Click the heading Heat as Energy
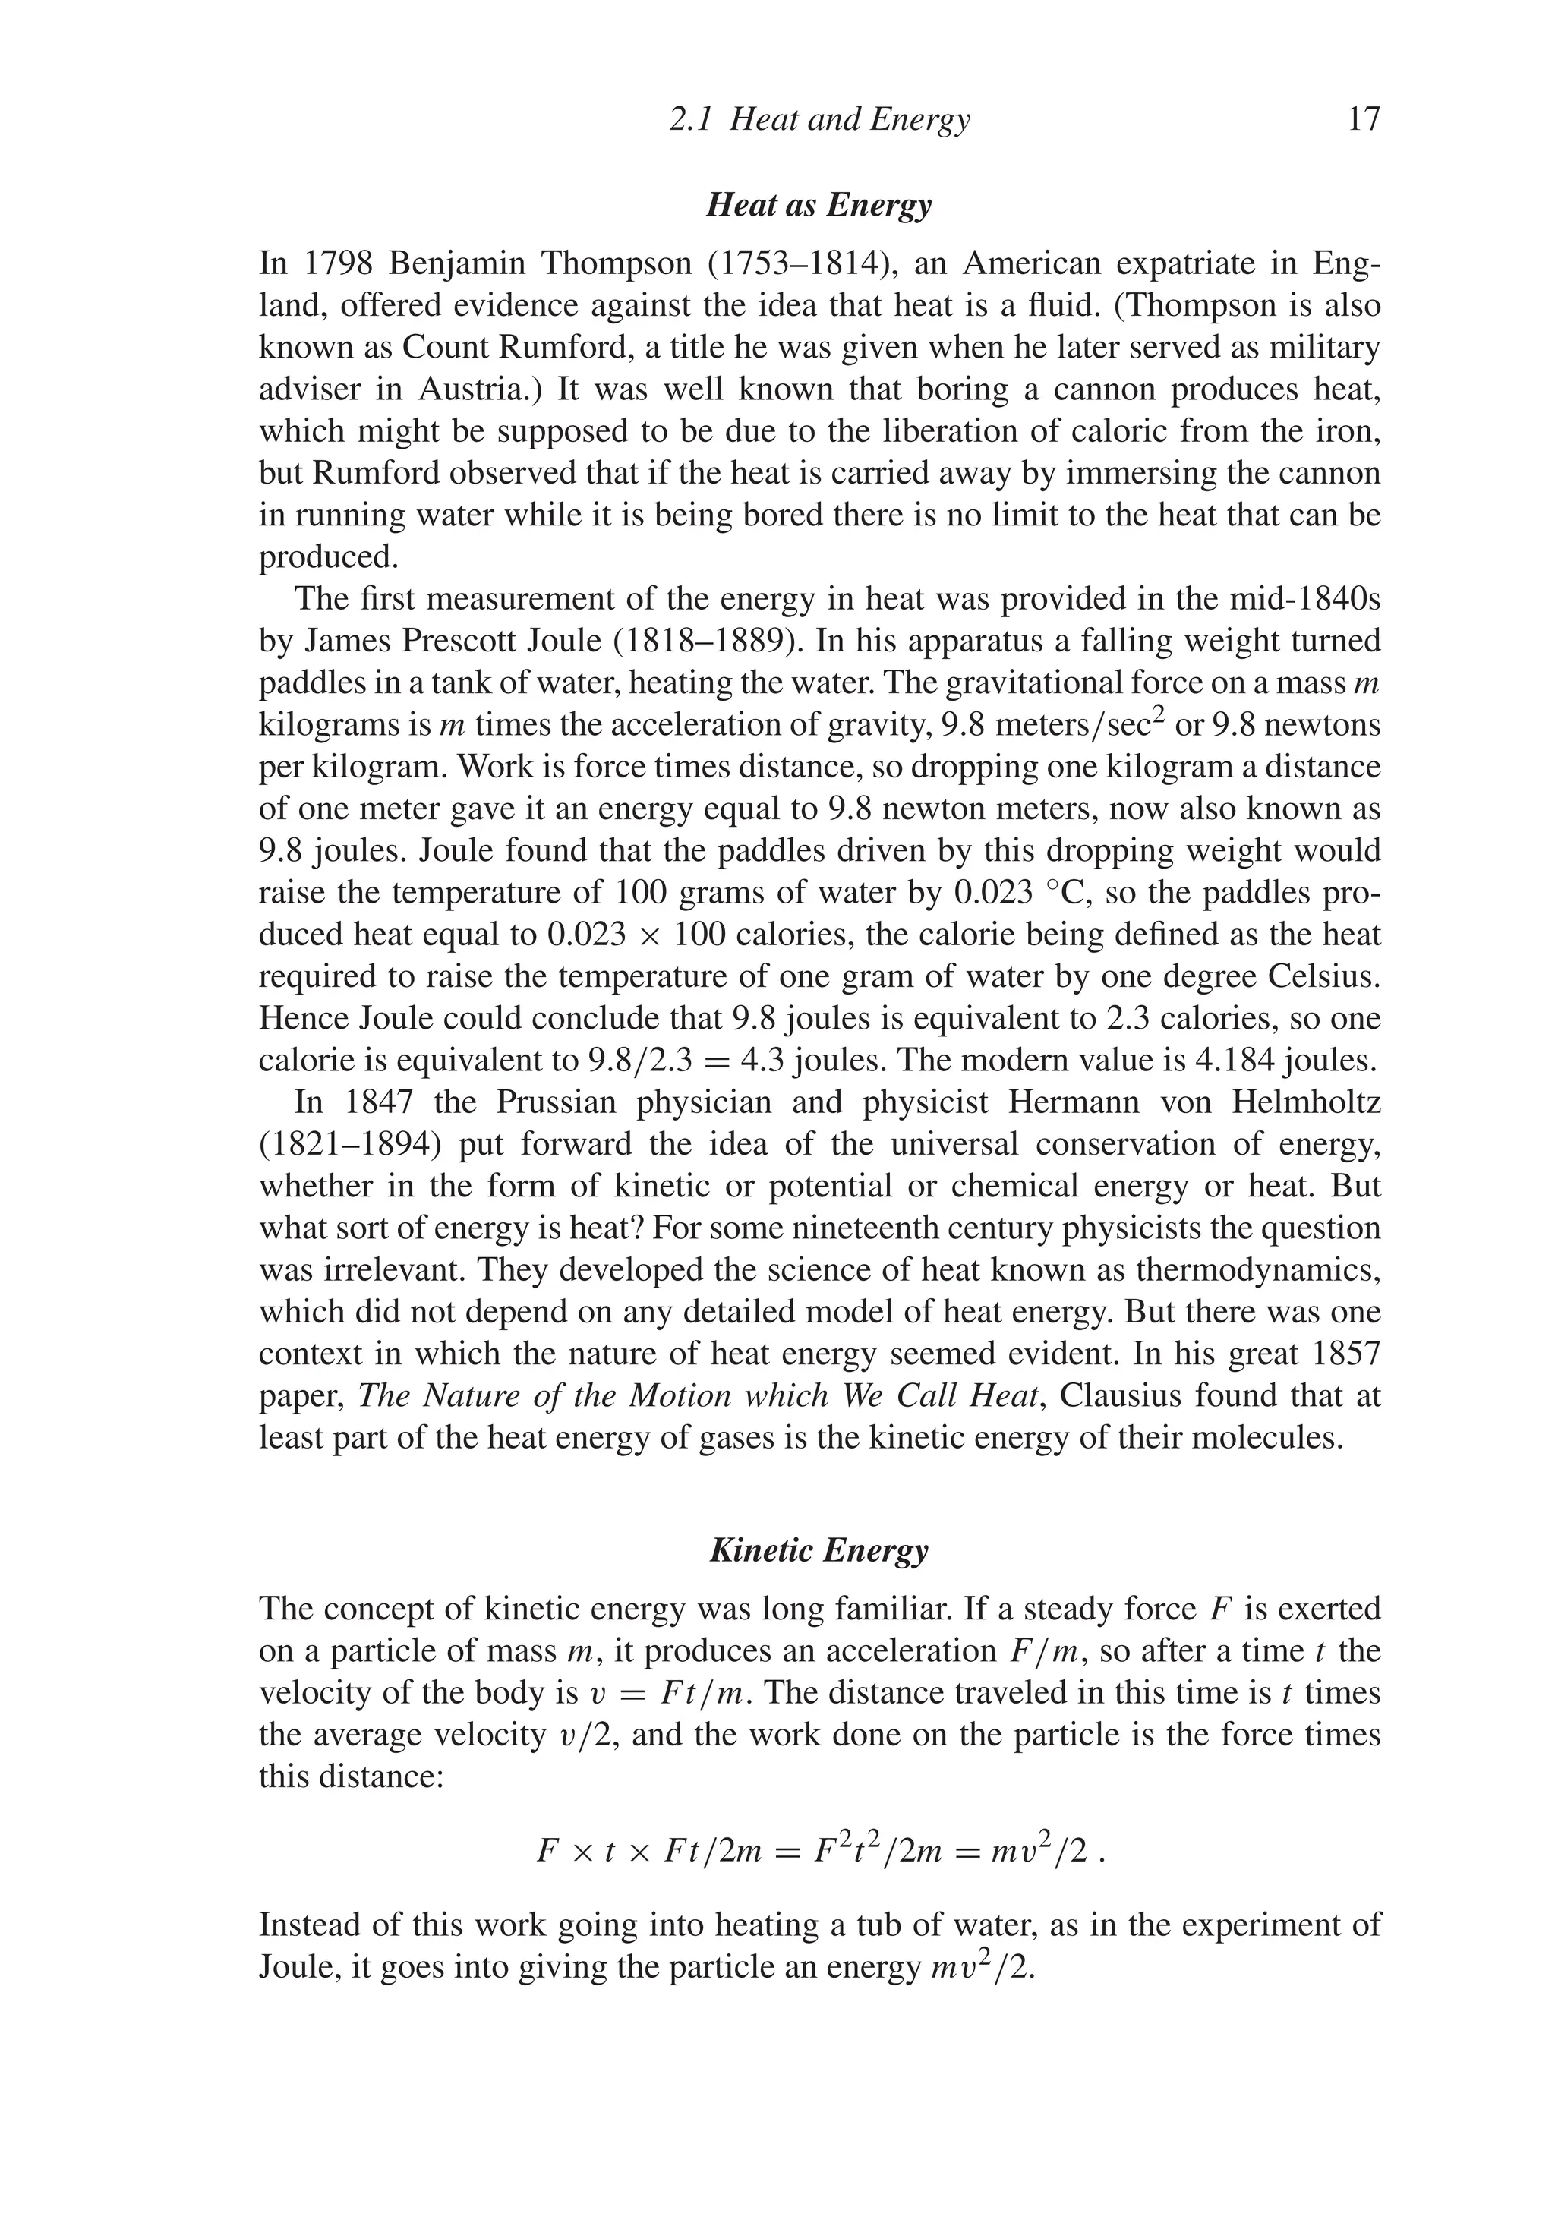pos(818,205)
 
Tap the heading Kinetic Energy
pos(818,1549)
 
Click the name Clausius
pos(1118,1396)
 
